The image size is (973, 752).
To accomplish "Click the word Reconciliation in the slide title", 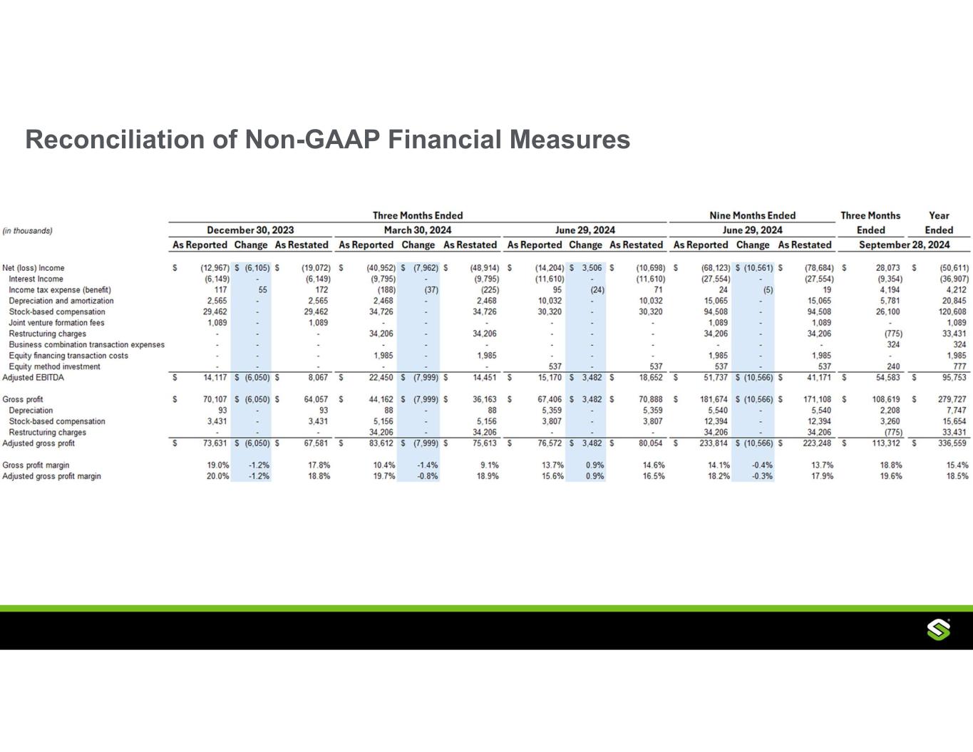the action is [115, 139].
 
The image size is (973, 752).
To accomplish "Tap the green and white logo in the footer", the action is [939, 630].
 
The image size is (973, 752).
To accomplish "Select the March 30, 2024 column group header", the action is [417, 230].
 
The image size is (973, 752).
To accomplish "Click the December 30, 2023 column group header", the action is [250, 230].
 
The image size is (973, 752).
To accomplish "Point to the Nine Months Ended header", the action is [752, 215].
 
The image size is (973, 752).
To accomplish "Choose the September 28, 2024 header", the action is [904, 245].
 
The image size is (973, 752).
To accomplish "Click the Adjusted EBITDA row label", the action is [33, 377].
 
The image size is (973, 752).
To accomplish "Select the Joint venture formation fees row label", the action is [56, 323].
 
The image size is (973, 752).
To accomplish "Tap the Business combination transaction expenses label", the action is [86, 345].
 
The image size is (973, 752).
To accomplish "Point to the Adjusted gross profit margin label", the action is [51, 476].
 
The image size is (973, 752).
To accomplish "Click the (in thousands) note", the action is [27, 230].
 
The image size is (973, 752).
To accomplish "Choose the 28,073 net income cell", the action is [887, 268].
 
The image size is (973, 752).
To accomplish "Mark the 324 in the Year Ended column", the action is [959, 345].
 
